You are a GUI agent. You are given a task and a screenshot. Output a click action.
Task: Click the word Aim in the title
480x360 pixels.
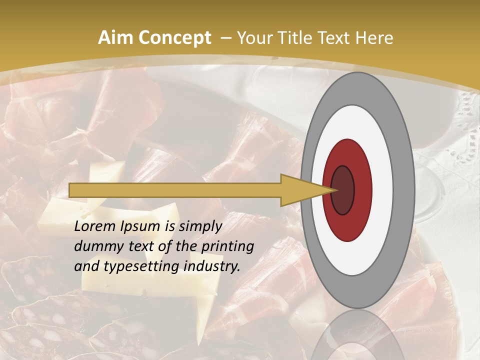pyautogui.click(x=115, y=38)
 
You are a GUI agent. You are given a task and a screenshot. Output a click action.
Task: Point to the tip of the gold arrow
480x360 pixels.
pyautogui.click(x=333, y=190)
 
